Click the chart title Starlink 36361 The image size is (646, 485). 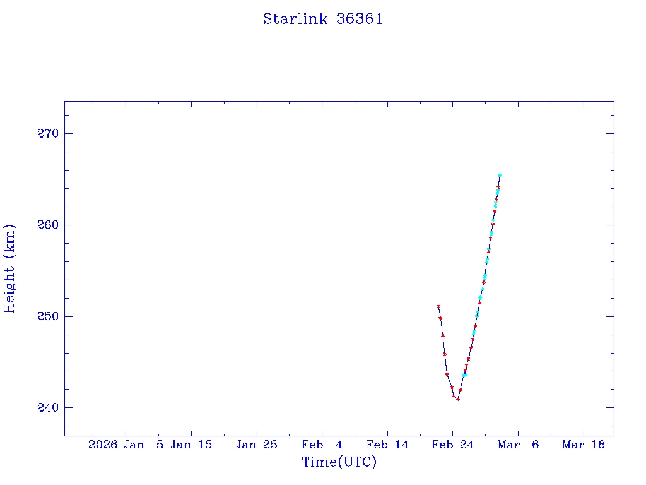(x=322, y=19)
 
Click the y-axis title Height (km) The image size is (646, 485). (x=9, y=268)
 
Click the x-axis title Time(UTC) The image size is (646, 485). (x=339, y=462)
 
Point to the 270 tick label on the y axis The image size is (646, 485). (x=47, y=133)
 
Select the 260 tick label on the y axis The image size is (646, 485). (x=47, y=225)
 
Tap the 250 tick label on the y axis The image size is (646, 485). (x=47, y=316)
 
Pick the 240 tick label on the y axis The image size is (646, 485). (x=47, y=407)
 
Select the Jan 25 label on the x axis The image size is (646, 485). (x=257, y=445)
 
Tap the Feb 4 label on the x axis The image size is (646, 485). (x=322, y=445)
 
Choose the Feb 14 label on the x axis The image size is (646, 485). (x=387, y=445)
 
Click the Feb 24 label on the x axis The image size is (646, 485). (x=452, y=445)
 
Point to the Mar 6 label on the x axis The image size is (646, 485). (x=518, y=445)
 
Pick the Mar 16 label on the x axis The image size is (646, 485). (x=584, y=445)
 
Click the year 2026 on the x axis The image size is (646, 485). (x=103, y=445)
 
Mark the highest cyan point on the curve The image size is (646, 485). (x=500, y=175)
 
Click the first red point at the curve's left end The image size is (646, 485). (x=438, y=306)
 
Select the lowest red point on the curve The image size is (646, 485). (x=458, y=399)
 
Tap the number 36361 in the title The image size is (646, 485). (x=360, y=19)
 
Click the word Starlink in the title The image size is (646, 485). (x=296, y=19)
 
